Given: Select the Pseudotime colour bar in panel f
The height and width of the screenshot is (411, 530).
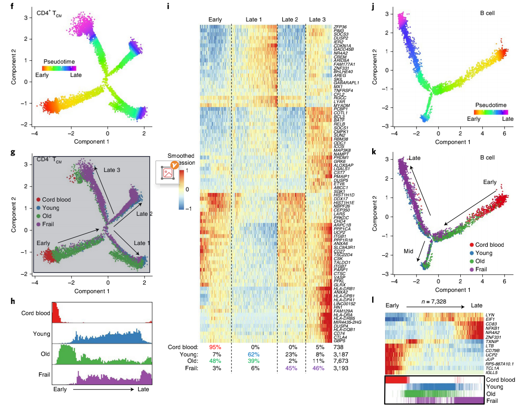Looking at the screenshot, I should click(59, 68).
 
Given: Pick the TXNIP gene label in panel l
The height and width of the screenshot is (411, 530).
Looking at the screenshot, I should click(492, 328).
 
